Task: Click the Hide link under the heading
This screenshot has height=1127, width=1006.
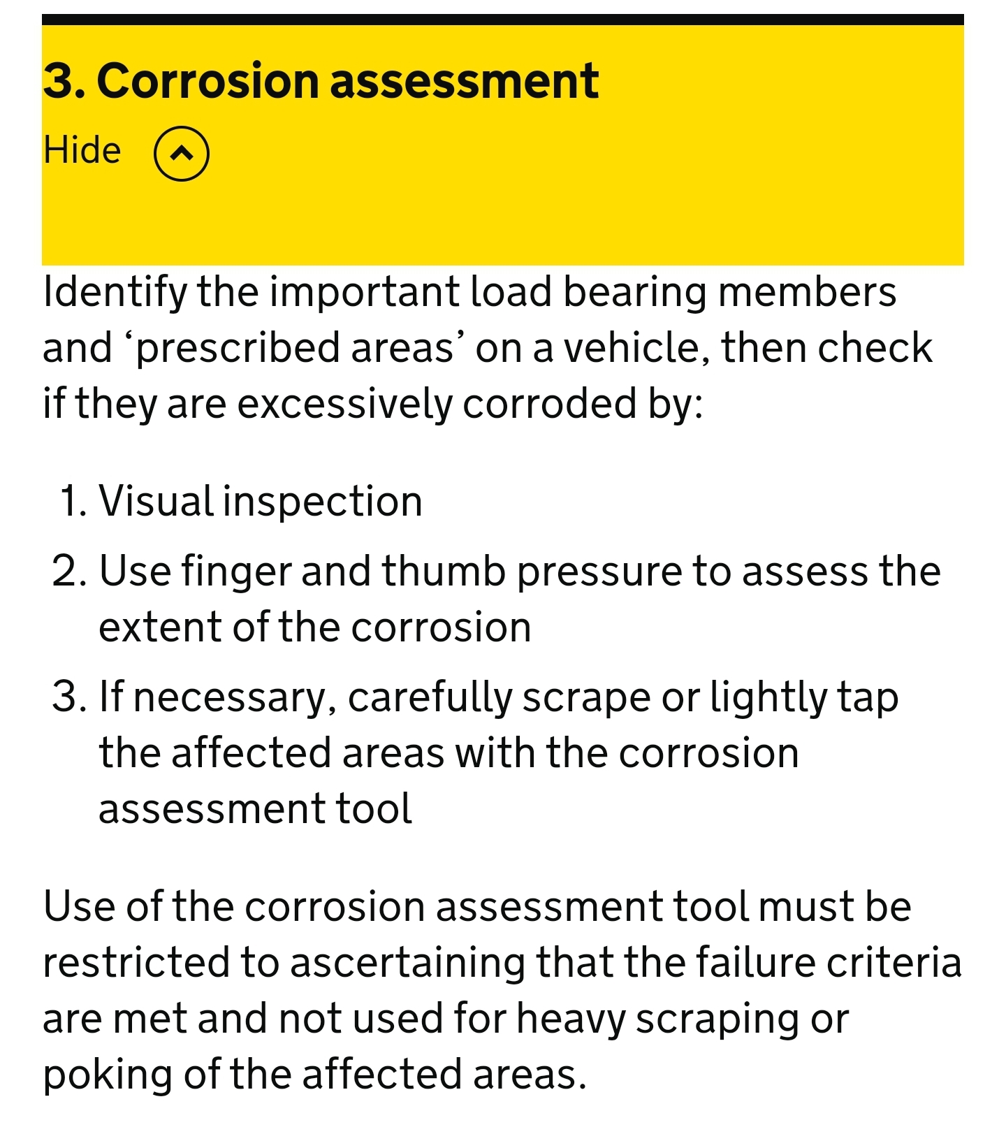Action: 82,150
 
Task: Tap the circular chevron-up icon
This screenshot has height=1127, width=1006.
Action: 182,154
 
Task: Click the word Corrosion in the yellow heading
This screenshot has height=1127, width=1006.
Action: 207,80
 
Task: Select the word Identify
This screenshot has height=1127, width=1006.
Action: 115,293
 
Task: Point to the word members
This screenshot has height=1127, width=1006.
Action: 808,291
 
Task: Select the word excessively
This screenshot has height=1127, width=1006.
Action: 345,405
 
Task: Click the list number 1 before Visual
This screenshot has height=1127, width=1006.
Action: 73,502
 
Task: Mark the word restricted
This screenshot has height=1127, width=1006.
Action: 136,962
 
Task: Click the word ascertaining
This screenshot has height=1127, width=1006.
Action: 407,964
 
